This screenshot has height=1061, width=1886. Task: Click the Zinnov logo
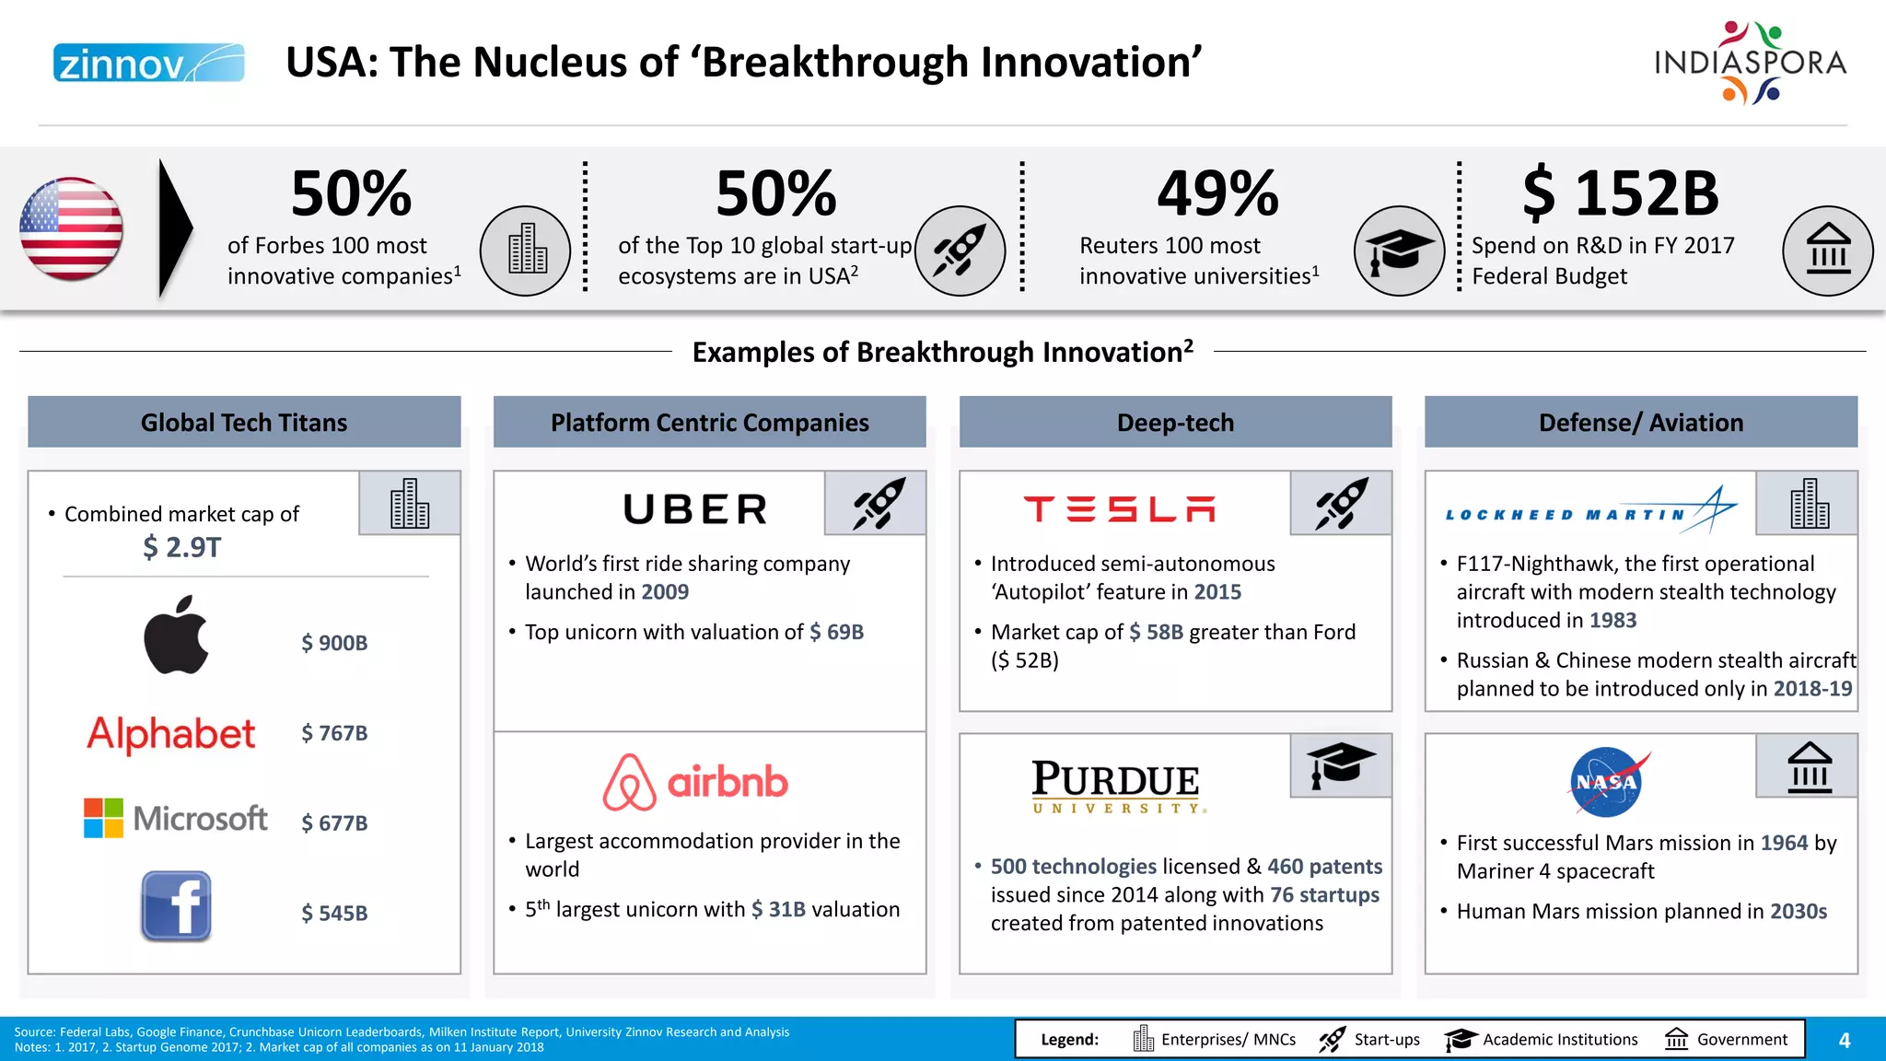[148, 63]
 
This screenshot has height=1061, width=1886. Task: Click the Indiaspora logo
[1750, 63]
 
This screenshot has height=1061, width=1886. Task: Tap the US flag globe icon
[71, 229]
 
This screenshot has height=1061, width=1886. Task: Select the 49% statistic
[1217, 194]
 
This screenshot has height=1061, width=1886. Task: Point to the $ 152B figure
[1620, 194]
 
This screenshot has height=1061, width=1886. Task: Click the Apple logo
[176, 635]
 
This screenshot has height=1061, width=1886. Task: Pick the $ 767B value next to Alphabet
[334, 733]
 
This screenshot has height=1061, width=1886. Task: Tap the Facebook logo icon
[176, 906]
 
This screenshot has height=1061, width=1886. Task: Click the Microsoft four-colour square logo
[103, 818]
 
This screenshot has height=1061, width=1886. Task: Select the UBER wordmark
[695, 509]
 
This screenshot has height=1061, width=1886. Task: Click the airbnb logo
[695, 782]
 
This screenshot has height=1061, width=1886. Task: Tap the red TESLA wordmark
[1120, 509]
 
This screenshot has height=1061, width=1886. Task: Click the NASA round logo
[1607, 782]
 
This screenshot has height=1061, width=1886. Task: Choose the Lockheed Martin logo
[1589, 512]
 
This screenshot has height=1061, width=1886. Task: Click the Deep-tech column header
[1175, 423]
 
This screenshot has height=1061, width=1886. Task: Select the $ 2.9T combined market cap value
[181, 547]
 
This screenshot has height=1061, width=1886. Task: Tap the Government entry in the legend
[1728, 1040]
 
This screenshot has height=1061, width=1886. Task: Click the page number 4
[1844, 1041]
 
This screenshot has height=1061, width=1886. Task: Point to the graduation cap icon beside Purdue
[1340, 765]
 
